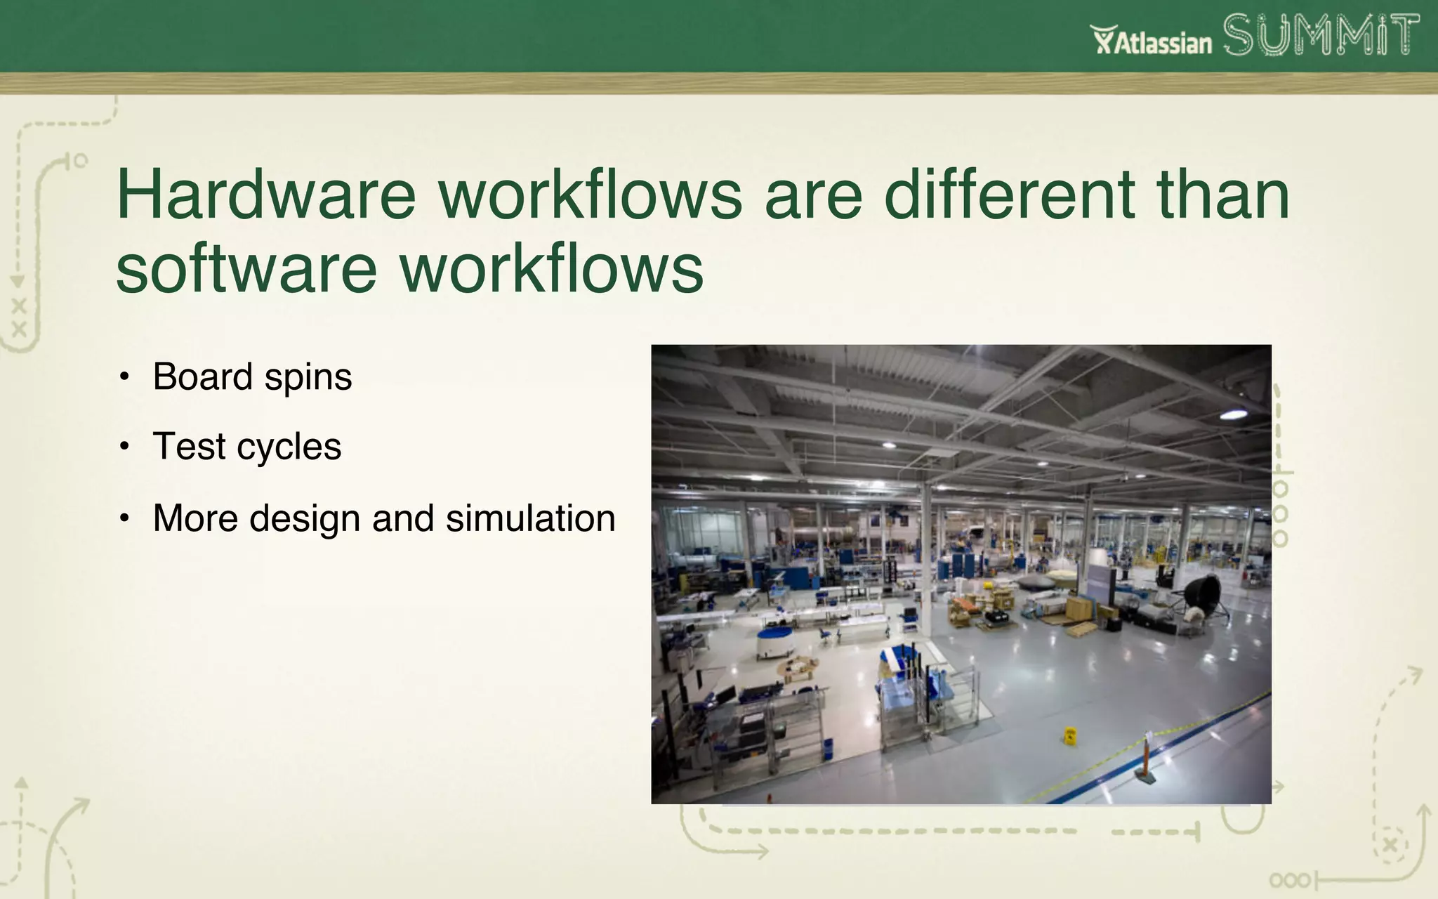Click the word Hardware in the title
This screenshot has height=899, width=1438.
click(266, 195)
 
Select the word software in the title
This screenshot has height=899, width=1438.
click(246, 270)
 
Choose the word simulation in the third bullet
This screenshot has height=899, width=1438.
click(530, 518)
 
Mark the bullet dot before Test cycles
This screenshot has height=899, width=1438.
click(124, 446)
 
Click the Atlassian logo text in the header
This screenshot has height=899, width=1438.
click(1152, 41)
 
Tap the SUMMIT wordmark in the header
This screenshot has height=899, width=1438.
click(1321, 35)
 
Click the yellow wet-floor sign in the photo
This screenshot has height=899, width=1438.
click(1070, 736)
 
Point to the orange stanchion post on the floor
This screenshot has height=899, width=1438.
click(1145, 759)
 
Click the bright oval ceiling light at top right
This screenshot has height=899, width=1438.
click(1234, 414)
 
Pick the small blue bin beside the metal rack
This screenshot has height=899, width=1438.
click(828, 748)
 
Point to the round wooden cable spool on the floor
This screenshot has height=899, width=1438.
click(796, 666)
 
